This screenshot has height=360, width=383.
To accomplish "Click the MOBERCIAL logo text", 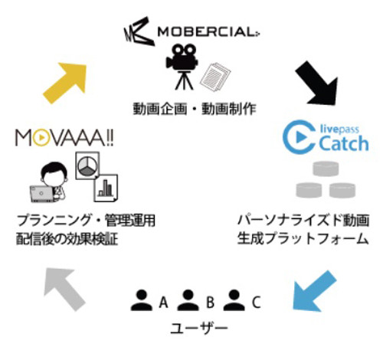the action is (208, 32).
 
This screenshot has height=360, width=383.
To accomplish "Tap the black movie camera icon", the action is (182, 67).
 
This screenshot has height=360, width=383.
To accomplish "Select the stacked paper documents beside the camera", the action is (215, 77).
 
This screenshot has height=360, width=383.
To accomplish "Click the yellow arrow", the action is (65, 83).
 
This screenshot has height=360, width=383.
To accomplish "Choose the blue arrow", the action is (313, 292).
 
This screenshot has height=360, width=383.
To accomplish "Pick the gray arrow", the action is (64, 289).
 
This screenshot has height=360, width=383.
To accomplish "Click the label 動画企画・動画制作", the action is (195, 109).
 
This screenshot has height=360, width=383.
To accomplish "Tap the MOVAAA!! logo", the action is (64, 138).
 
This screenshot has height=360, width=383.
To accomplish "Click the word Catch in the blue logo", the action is (344, 143).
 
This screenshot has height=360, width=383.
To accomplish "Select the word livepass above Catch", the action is (339, 129).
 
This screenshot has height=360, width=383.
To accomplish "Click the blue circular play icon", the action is (300, 137).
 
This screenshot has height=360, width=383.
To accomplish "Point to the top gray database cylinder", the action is (326, 169).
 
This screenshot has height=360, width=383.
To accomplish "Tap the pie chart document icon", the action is (87, 165).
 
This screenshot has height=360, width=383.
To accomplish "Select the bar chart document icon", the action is (106, 188).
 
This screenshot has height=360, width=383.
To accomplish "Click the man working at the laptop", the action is (50, 182).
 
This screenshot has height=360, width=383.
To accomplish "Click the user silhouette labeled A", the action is (141, 300).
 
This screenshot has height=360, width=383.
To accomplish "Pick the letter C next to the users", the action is (256, 302).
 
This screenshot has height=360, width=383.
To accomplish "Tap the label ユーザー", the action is (198, 328).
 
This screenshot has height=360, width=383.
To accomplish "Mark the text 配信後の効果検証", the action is (67, 239).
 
